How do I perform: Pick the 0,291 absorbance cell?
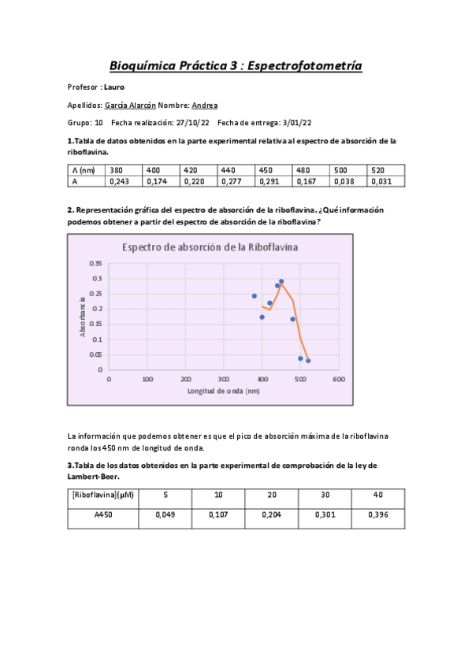270,181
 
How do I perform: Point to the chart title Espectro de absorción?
210,247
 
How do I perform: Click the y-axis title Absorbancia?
83,316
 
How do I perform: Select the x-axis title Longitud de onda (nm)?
223,391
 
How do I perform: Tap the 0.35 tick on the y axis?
95,263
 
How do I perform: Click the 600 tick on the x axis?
338,379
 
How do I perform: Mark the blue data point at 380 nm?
255,296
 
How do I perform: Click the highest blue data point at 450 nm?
281,281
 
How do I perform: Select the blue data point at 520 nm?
308,361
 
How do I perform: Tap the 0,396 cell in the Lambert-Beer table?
378,514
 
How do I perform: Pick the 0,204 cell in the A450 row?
272,514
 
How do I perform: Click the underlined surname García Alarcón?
129,105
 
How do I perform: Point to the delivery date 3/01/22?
295,123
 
